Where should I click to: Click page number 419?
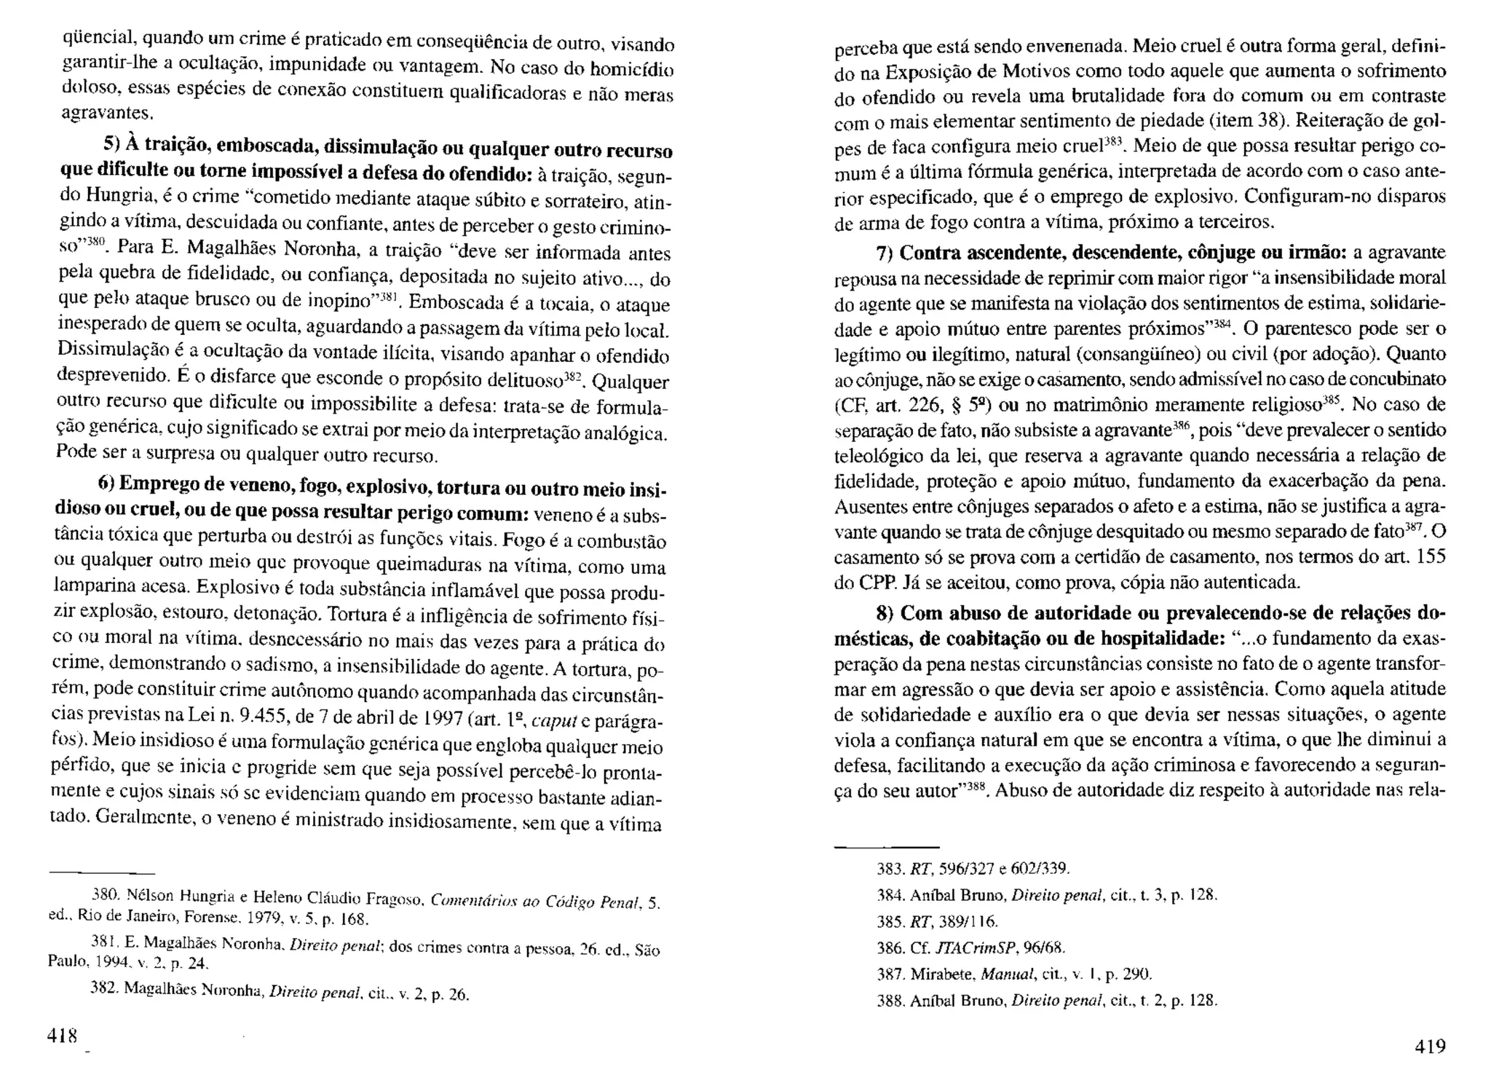click(1430, 1047)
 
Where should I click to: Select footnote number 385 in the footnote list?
click(890, 921)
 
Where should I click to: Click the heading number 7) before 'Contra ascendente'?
click(885, 253)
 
